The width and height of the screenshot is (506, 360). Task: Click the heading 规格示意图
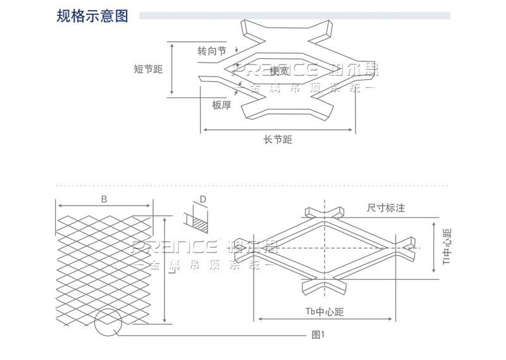pyautogui.click(x=92, y=16)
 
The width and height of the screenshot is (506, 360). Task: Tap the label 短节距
pyautogui.click(x=148, y=70)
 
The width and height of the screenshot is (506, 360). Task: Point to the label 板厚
pyautogui.click(x=221, y=105)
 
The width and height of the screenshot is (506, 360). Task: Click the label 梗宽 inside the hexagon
pyautogui.click(x=279, y=71)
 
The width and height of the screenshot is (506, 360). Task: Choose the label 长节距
pyautogui.click(x=278, y=140)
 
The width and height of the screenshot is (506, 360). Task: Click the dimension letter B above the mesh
pyautogui.click(x=104, y=199)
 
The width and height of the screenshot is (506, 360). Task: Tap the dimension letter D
pyautogui.click(x=202, y=200)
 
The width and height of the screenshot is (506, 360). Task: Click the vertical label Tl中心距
pyautogui.click(x=446, y=247)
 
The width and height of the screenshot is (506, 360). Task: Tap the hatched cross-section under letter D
pyautogui.click(x=199, y=222)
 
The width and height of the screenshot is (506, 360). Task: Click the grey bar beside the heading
pyautogui.click(x=294, y=16)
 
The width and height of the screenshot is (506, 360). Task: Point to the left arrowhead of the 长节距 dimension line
pyautogui.click(x=204, y=130)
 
